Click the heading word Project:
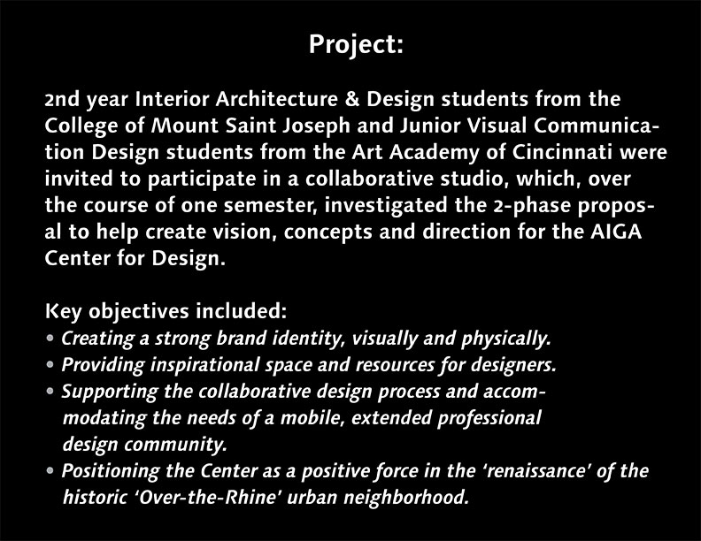[356, 44]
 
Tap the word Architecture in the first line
[276, 99]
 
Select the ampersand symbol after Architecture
[352, 99]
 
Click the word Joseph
[316, 126]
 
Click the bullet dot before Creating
[50, 338]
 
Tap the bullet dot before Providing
[50, 364]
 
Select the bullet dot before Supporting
[50, 391]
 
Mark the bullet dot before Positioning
[50, 470]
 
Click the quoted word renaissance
[536, 471]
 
